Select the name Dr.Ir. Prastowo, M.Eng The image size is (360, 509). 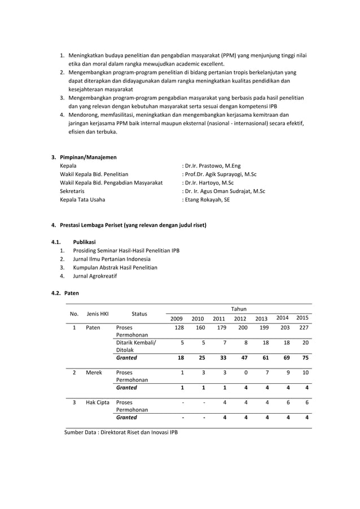[x=212, y=166]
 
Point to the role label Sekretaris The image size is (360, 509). [x=73, y=191]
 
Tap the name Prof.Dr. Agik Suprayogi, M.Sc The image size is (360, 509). [x=219, y=174]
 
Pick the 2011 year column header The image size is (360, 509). [x=219, y=319]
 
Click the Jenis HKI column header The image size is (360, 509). [x=98, y=314]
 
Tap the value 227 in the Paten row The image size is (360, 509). [x=304, y=327]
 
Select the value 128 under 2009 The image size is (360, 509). [x=179, y=327]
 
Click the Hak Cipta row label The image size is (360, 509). [x=98, y=403]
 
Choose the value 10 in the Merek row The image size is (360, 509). [x=305, y=372]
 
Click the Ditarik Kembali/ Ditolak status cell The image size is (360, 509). [x=136, y=346]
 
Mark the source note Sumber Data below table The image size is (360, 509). [x=121, y=433]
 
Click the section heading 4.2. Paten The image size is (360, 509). [x=65, y=293]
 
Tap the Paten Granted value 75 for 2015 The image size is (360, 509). [x=305, y=357]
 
